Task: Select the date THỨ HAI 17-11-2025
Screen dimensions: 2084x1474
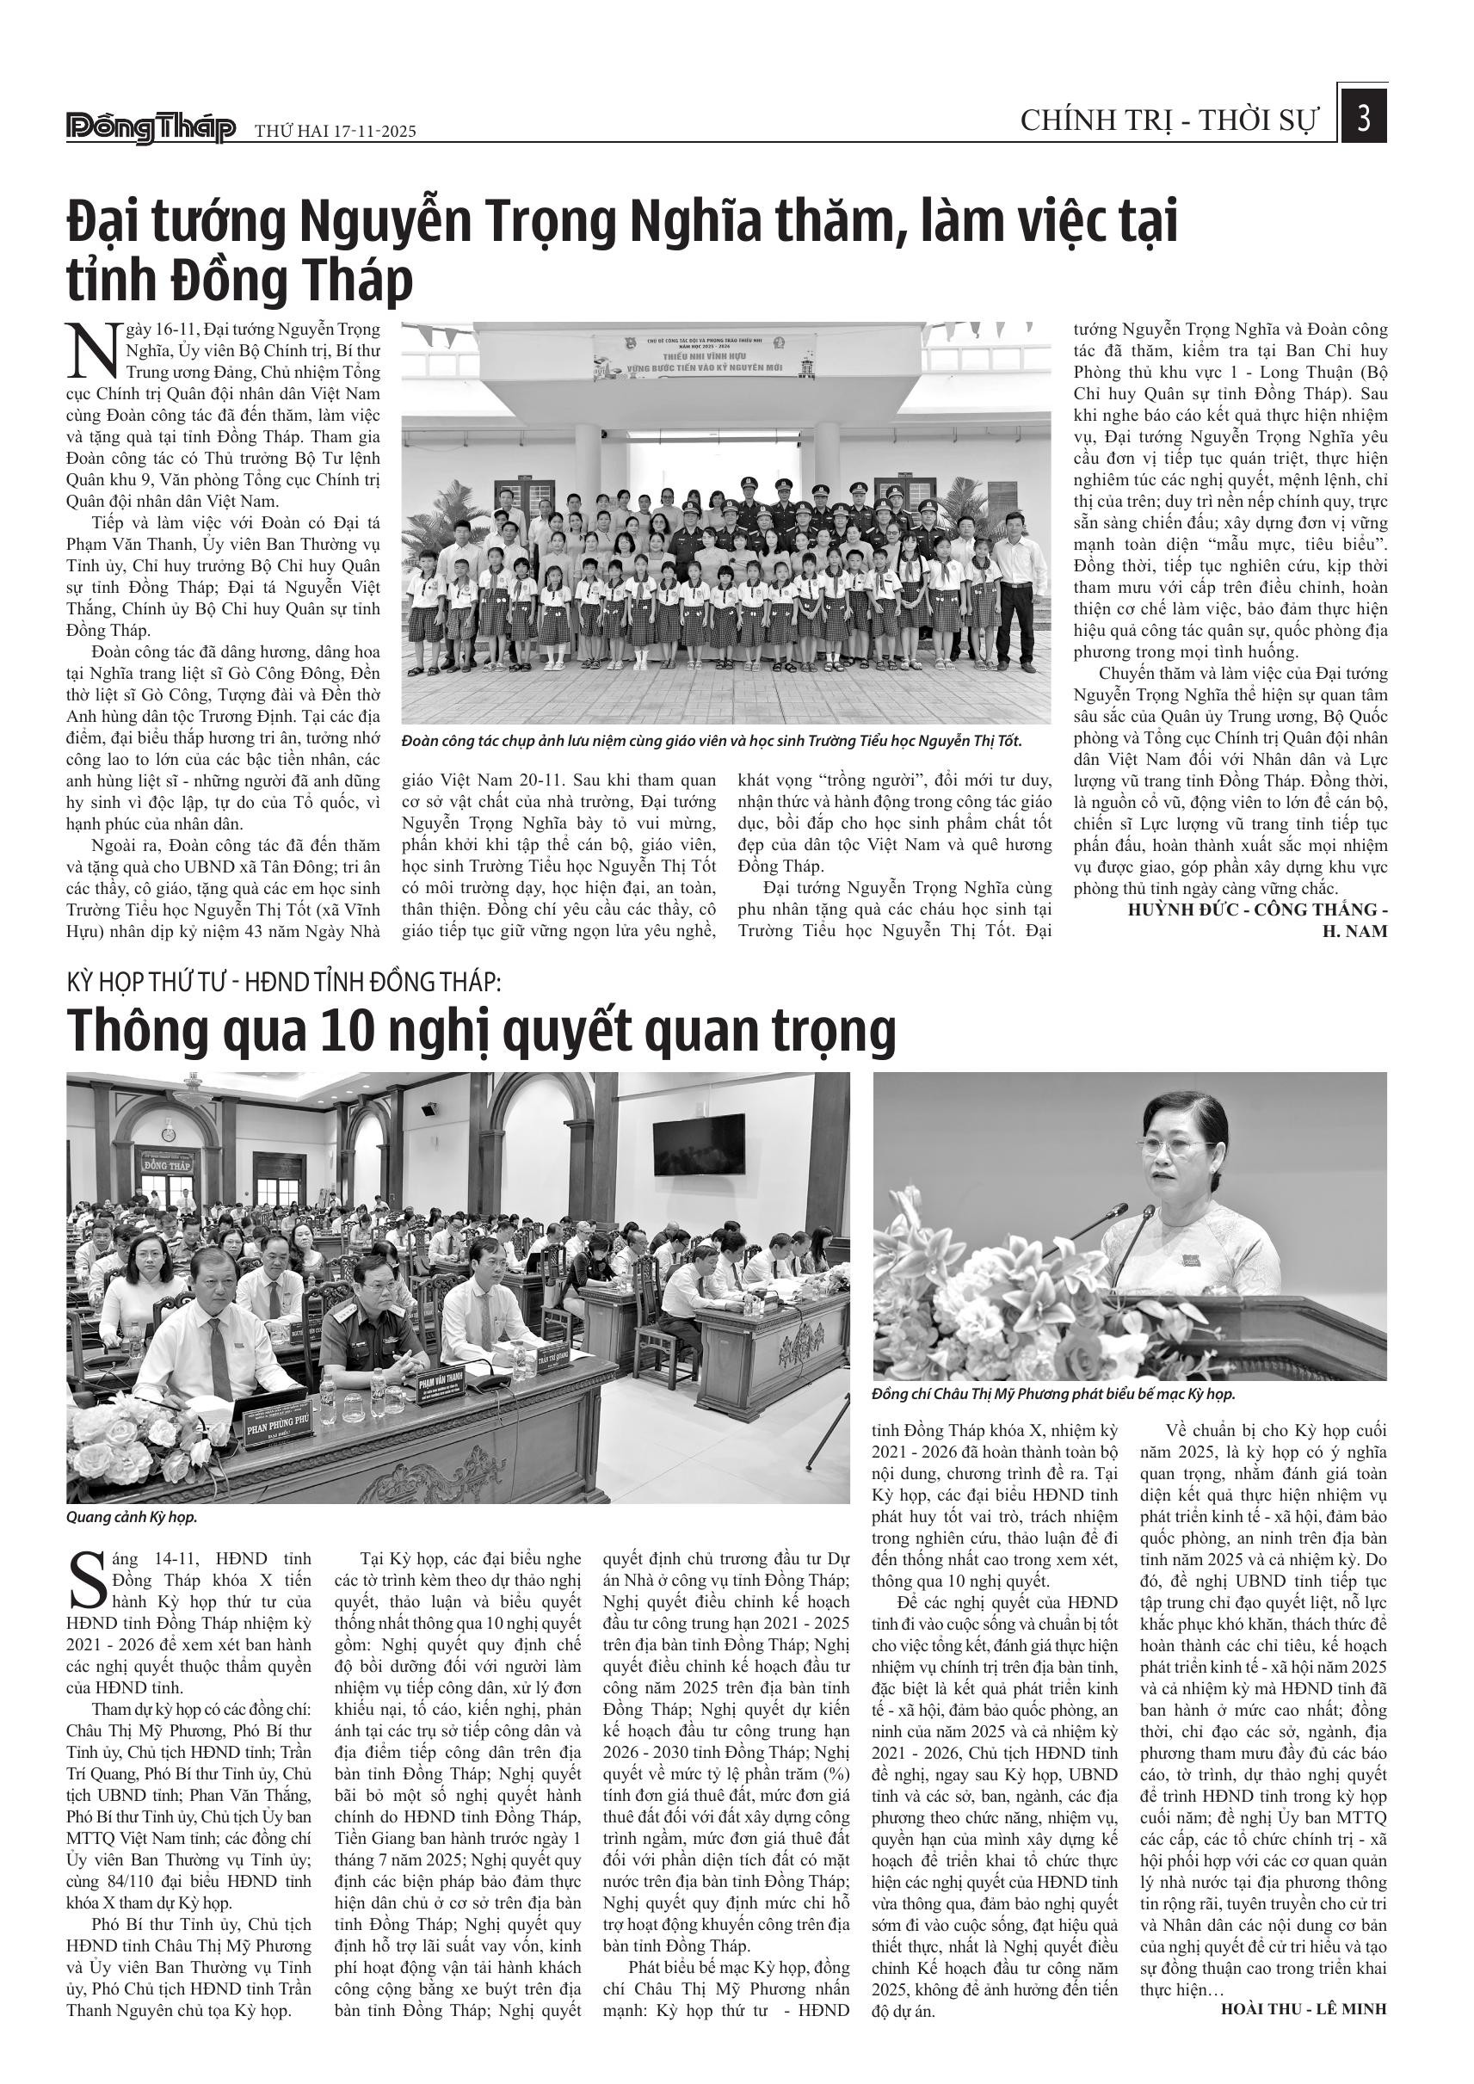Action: click(335, 131)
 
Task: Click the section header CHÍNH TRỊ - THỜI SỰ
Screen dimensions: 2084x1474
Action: click(1169, 120)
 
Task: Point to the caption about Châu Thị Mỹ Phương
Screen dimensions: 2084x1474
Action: click(1053, 1394)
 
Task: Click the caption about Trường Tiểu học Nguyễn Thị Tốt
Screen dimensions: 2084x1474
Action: click(712, 742)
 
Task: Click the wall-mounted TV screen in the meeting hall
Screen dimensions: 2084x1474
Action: click(692, 1145)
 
